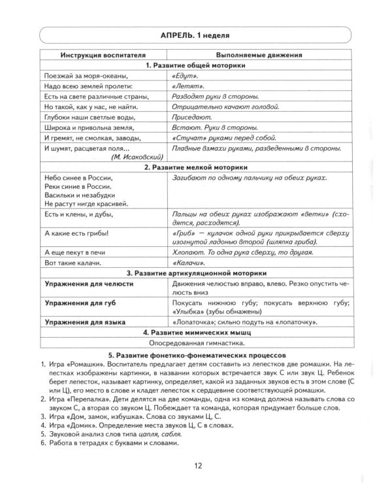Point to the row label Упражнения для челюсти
(89, 285)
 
